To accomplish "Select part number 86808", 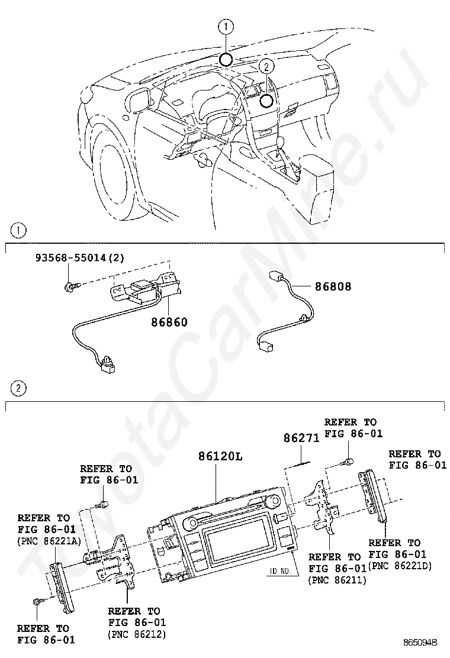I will point(333,286).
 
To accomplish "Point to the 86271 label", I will point(301,438).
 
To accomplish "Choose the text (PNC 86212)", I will point(136,634).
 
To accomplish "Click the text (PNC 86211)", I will point(337,580).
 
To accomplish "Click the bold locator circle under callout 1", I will point(226,59).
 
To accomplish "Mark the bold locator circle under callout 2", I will point(266,100).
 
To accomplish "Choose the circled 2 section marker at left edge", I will point(20,388).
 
